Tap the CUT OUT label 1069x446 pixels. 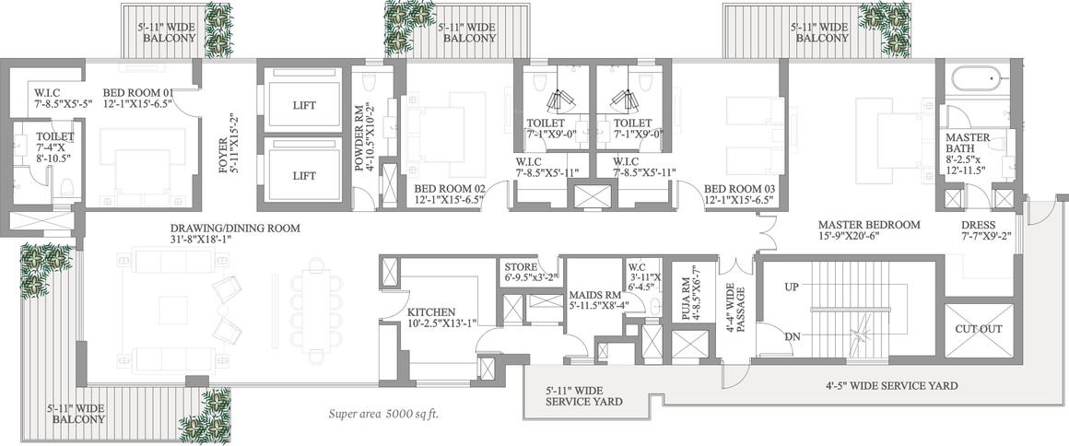point(979,329)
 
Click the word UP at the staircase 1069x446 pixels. point(791,288)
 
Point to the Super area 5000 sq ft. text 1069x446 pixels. point(388,413)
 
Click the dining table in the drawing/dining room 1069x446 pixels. point(316,311)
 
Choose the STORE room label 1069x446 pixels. point(521,266)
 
